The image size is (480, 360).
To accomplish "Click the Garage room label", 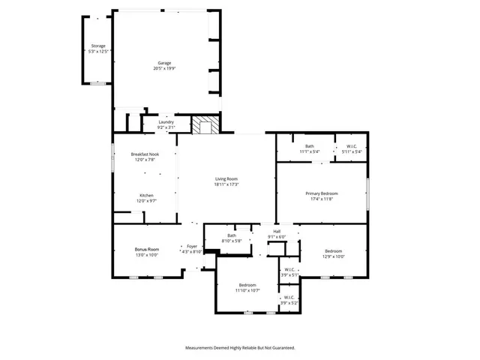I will click(x=164, y=63).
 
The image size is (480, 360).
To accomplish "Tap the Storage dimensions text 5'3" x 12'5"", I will click(x=98, y=52).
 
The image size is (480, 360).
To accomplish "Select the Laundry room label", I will click(x=166, y=122).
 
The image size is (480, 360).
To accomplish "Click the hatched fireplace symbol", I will click(x=204, y=125).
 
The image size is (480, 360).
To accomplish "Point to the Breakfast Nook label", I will click(x=145, y=154).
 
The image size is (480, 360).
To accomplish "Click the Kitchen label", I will click(x=145, y=196).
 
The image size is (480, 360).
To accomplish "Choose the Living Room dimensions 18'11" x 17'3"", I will click(x=226, y=184).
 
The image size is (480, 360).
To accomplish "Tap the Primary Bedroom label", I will click(x=323, y=193).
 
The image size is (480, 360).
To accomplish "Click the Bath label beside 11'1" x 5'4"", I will click(x=310, y=146).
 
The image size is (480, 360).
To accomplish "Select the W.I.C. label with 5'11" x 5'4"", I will click(x=352, y=146).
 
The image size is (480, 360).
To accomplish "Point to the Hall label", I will click(x=277, y=232).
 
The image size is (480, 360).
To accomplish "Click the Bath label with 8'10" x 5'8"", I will click(x=232, y=236).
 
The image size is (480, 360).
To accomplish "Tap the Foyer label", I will click(x=192, y=246).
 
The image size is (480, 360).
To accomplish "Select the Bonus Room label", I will click(x=147, y=249).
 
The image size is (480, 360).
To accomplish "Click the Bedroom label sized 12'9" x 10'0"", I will click(x=334, y=250).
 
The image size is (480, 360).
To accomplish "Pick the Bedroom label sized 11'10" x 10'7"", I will click(x=248, y=285).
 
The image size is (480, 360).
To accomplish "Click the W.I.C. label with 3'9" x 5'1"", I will click(x=289, y=270).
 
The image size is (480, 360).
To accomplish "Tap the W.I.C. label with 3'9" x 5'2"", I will click(x=289, y=298).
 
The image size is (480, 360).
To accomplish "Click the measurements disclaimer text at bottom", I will click(x=240, y=347).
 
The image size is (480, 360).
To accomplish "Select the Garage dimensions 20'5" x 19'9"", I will click(x=164, y=69).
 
